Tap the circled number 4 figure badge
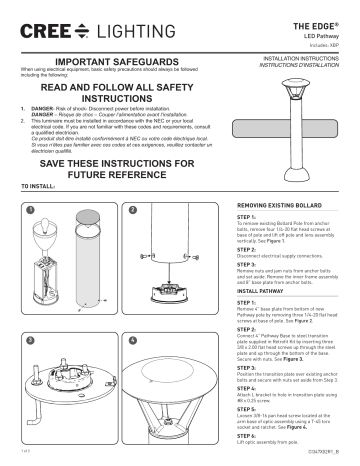coord(131,340)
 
